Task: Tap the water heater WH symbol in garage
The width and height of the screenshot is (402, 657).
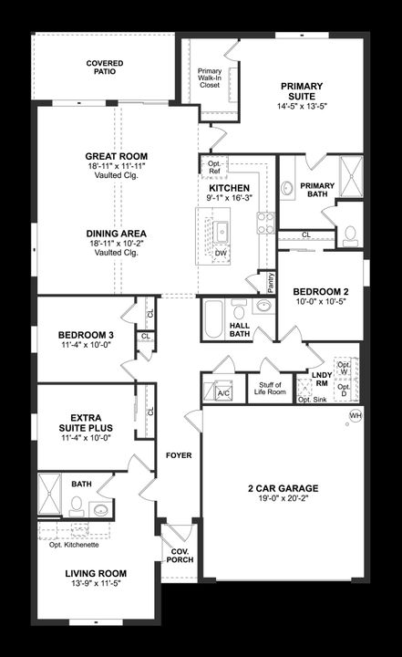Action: pyautogui.click(x=355, y=417)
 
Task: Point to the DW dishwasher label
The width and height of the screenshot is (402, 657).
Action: pyautogui.click(x=221, y=253)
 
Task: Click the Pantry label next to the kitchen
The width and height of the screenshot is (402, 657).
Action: pyautogui.click(x=267, y=283)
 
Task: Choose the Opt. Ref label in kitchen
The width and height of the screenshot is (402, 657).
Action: pyautogui.click(x=214, y=167)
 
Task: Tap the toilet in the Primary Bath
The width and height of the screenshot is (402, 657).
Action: pyautogui.click(x=350, y=235)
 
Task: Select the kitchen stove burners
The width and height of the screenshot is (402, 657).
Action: pyautogui.click(x=265, y=223)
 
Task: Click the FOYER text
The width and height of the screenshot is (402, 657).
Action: pyautogui.click(x=179, y=455)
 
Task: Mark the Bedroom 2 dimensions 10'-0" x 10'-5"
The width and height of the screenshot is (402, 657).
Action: pyautogui.click(x=315, y=301)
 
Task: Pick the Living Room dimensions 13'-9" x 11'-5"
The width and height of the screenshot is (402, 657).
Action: pyautogui.click(x=95, y=585)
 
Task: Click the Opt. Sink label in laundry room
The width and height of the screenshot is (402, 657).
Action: pyautogui.click(x=313, y=400)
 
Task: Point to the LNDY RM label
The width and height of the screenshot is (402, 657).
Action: pyautogui.click(x=321, y=379)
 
